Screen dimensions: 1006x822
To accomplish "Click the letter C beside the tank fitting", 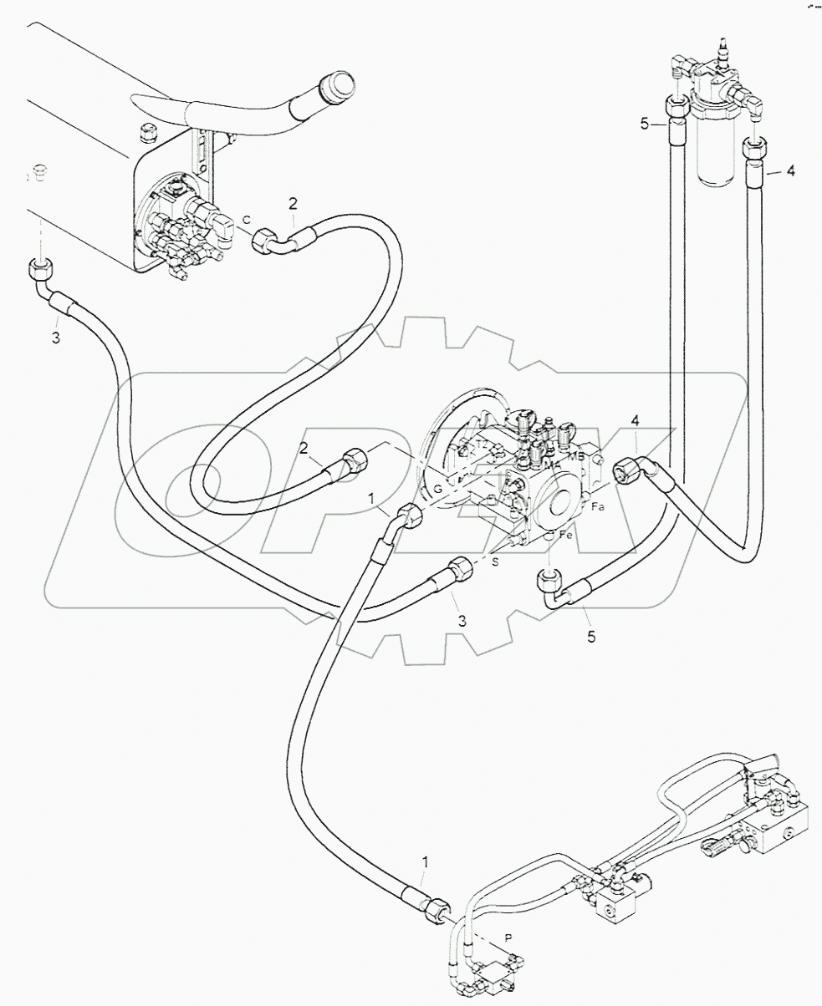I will (x=246, y=220).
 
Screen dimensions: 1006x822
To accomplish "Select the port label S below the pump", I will (x=495, y=562).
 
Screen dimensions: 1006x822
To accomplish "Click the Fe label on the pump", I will (x=565, y=535).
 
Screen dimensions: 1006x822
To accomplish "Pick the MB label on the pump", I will (x=576, y=456).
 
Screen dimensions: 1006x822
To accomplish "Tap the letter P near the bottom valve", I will (x=508, y=939).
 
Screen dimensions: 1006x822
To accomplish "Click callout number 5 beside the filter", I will (x=644, y=124).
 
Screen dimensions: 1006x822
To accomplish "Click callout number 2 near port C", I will (x=292, y=202).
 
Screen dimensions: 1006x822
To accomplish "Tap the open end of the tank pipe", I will (x=340, y=86).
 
